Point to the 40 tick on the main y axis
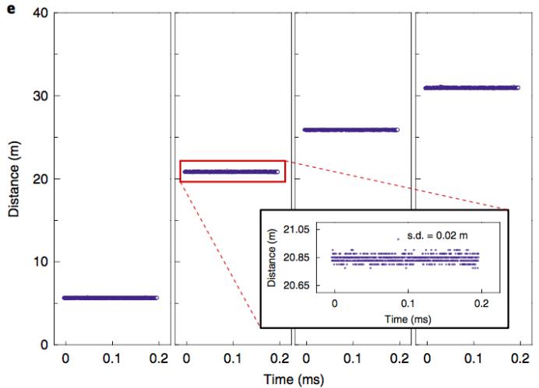41,14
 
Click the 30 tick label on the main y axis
41,96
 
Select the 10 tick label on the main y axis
41,262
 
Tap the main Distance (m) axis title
14,179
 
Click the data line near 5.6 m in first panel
111,298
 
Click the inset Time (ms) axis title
407,318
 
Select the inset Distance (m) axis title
273,257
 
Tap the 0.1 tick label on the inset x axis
407,304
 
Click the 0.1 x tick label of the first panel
112,359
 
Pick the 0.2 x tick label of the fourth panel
518,359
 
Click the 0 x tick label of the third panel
306,359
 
